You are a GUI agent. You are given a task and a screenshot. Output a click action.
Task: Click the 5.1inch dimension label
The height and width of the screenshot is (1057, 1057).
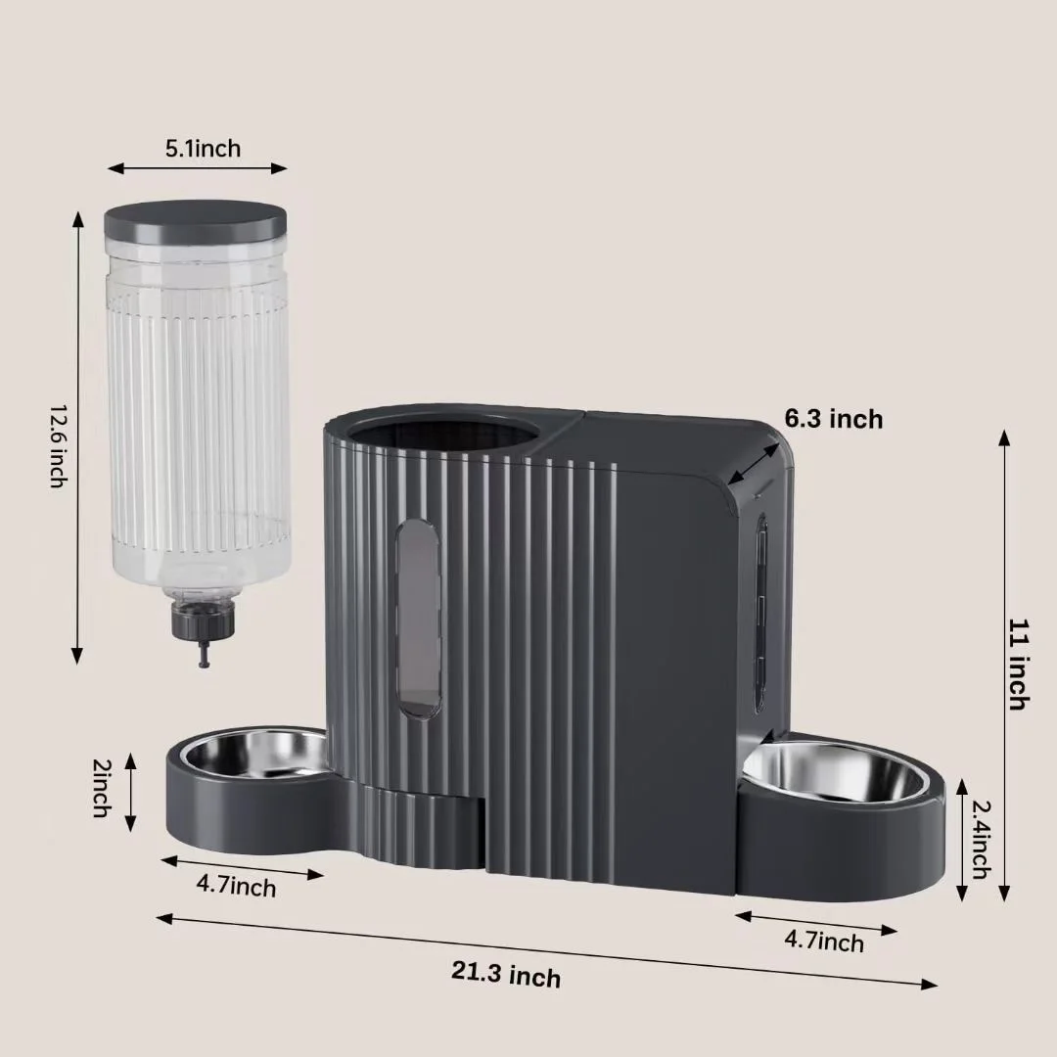203,149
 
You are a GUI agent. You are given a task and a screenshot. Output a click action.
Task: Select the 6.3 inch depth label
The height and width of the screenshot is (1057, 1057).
833,419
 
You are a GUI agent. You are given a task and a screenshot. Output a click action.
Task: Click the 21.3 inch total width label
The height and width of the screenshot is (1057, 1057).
506,975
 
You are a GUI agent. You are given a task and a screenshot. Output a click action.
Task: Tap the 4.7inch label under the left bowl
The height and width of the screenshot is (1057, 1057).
236,886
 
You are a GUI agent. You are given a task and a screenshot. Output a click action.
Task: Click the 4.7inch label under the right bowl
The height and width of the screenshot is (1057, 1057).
824,942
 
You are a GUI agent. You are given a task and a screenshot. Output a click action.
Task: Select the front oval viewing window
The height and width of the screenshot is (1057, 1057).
417,617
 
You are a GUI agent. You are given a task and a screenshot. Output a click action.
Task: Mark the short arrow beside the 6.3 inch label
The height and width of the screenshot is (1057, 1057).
755,460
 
